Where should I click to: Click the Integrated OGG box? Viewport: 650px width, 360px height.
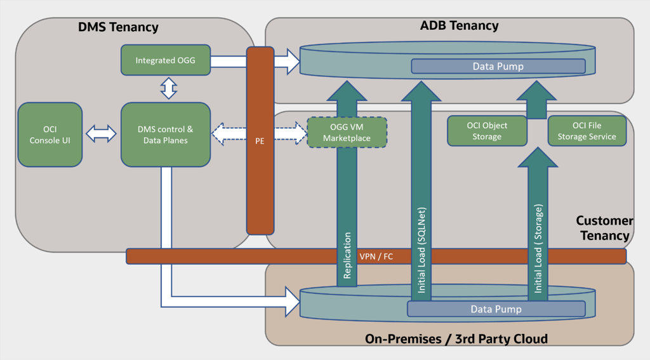point(166,60)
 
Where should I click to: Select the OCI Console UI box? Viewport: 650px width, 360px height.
point(50,135)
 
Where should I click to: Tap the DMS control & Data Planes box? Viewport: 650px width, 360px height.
point(166,135)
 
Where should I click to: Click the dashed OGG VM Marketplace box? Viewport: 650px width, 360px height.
point(347,132)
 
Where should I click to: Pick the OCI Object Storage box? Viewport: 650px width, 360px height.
point(487,131)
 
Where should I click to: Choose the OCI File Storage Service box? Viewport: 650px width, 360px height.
point(587,131)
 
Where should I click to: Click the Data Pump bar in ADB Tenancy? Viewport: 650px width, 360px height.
point(498,67)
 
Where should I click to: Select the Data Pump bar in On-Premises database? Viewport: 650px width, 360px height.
point(496,309)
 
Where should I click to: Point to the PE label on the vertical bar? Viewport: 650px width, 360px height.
point(260,141)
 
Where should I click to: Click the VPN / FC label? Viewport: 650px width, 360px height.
point(376,257)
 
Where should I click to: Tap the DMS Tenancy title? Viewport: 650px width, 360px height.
point(118,27)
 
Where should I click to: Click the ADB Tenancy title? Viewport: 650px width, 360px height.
point(460,25)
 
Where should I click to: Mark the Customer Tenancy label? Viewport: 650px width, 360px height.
point(605,228)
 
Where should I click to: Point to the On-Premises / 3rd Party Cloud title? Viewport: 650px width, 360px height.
point(456,339)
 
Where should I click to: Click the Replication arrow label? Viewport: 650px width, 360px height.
point(347,255)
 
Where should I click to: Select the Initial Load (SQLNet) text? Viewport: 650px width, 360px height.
point(421,250)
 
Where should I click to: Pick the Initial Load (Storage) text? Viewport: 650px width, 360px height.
point(538,248)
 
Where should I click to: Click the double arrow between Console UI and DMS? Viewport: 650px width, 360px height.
point(101,134)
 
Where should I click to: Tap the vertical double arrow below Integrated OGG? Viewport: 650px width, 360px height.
point(169,88)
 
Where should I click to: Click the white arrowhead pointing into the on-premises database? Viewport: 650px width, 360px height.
point(292,302)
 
